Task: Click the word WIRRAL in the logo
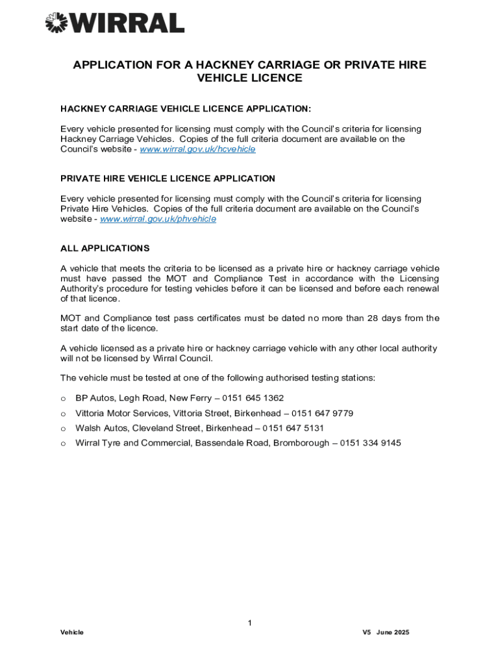click(x=128, y=23)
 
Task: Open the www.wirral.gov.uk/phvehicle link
click(x=158, y=219)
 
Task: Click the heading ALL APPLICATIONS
click(x=105, y=248)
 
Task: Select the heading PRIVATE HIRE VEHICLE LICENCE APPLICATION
click(x=168, y=178)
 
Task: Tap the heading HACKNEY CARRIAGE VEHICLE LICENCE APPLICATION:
click(x=181, y=108)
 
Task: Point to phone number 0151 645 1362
click(x=253, y=398)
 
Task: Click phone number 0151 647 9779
click(x=322, y=413)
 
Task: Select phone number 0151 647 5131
click(x=293, y=428)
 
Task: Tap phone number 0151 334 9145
click(x=370, y=444)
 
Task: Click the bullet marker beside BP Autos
click(x=63, y=399)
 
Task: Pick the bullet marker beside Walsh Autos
click(x=63, y=429)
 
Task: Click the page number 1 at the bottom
click(x=249, y=624)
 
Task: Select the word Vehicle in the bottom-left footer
click(x=72, y=633)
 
